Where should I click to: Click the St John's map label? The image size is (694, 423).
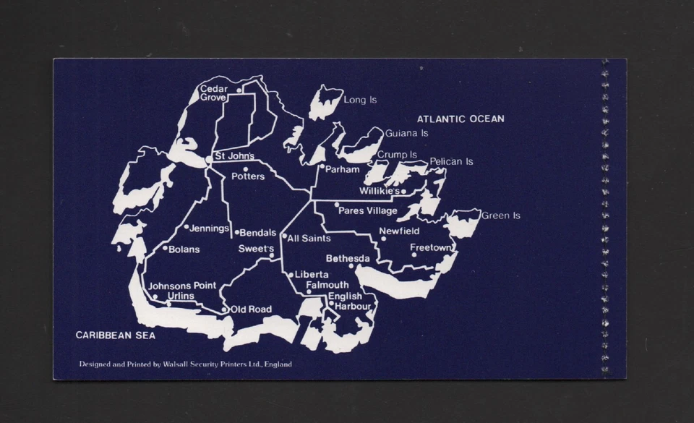coord(229,156)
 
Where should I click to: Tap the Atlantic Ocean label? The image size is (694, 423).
coord(460,119)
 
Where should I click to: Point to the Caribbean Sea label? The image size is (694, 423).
coord(116,335)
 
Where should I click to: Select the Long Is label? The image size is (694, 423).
coord(360,100)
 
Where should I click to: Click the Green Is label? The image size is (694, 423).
coord(501,215)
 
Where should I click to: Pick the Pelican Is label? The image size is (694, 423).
coord(451,161)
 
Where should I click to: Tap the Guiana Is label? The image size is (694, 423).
coord(407,133)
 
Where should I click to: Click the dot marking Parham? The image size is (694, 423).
coord(322,166)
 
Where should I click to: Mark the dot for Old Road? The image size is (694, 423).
coord(225,309)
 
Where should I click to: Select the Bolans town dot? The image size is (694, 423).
coord(165,248)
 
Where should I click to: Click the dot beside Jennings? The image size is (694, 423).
coord(187,227)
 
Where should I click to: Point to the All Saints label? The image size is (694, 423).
coord(309,238)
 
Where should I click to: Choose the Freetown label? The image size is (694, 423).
coord(431,247)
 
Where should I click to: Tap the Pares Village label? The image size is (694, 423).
coord(367,210)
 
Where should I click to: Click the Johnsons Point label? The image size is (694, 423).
coord(182,286)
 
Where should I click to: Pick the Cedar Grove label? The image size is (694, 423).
coord(214,93)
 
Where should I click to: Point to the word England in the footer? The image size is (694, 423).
coord(278,364)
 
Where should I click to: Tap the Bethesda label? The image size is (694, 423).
coord(348,258)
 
